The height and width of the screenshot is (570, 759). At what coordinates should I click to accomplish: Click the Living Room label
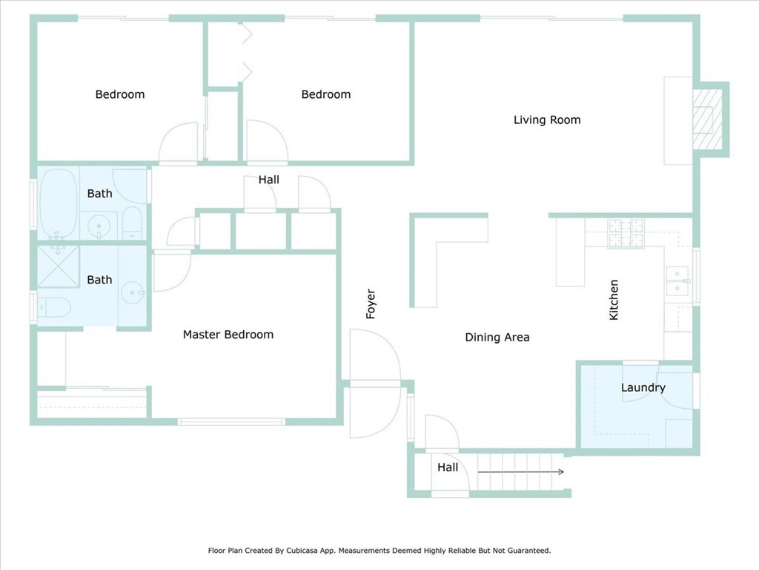point(547,119)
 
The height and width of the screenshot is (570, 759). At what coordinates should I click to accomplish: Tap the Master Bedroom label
point(228,335)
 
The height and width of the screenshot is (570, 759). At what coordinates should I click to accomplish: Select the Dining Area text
point(497,338)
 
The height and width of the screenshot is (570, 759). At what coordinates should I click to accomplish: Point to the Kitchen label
point(614,300)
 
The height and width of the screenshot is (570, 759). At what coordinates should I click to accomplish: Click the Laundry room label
point(643,387)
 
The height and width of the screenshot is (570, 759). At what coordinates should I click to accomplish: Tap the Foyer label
point(371,304)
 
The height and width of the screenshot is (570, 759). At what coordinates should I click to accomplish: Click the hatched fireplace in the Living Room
point(703,119)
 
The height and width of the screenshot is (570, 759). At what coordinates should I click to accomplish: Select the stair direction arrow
point(521,471)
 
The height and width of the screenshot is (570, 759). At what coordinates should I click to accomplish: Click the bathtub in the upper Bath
point(58,203)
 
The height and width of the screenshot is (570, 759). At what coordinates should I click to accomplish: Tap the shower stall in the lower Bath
point(58,266)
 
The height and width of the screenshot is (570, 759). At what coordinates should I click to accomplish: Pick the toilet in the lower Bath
point(54,307)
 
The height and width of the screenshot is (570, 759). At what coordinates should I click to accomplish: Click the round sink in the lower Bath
point(133,292)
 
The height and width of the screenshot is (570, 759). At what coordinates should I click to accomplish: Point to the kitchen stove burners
point(626,233)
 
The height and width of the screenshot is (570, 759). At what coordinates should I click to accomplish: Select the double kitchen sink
point(677,281)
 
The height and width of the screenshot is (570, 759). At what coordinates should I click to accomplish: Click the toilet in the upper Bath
point(132,223)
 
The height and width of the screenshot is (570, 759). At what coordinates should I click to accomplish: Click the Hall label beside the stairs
point(448,468)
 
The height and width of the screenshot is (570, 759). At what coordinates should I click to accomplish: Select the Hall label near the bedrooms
point(268,180)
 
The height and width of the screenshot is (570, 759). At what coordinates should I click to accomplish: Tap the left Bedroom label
point(120,94)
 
